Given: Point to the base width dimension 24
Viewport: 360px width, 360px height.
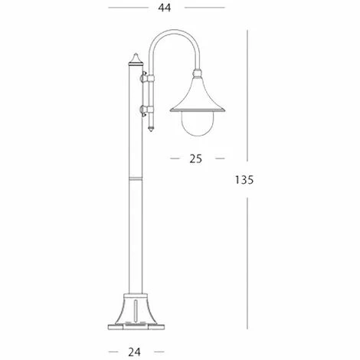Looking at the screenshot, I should tap(134, 353).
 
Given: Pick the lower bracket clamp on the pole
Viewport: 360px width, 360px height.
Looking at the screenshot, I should tap(145, 110).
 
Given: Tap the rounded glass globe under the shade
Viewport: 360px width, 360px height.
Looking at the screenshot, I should tap(196, 123).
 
